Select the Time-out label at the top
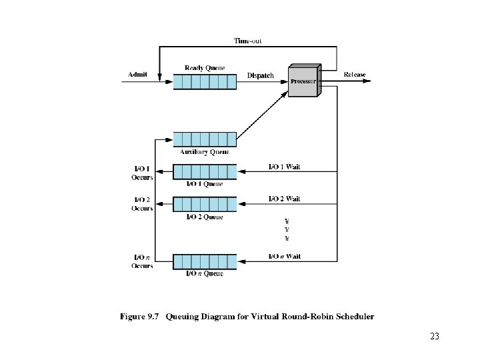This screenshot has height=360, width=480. click(248, 41)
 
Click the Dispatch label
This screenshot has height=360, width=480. click(260, 75)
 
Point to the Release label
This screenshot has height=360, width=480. click(355, 74)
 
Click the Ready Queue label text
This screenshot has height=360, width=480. click(205, 67)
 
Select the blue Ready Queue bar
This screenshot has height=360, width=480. click(205, 81)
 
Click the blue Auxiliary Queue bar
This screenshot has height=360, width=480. click(205, 139)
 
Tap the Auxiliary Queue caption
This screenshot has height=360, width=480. click(205, 152)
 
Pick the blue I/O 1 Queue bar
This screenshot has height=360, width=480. click(205, 171)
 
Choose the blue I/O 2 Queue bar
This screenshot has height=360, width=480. click(205, 204)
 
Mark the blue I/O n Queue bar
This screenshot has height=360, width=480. click(205, 261)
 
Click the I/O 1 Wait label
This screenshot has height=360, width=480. click(284, 167)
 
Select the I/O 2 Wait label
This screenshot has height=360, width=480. click(284, 199)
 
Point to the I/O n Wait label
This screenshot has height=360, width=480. click(284, 256)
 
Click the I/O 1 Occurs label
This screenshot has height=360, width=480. click(142, 173)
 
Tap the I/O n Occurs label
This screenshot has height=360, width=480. click(142, 261)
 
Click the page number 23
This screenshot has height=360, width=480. click(435, 337)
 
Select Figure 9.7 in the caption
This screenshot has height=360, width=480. click(141, 317)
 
